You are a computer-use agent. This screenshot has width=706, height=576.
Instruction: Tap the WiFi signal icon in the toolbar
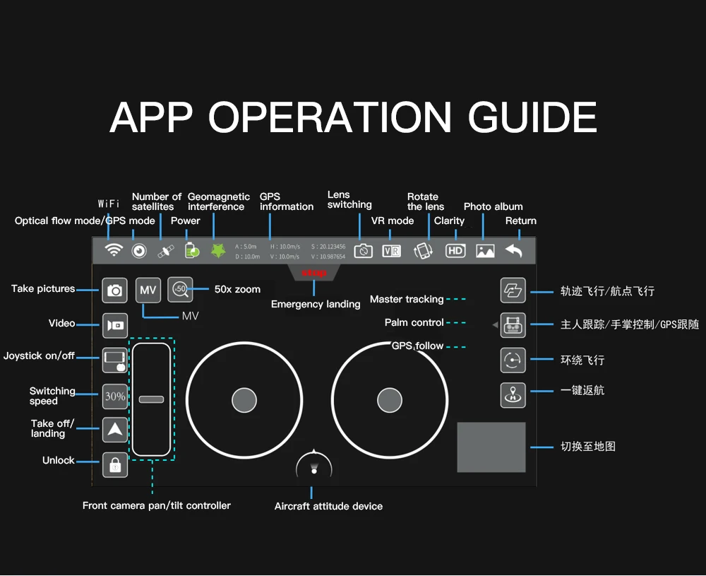114,250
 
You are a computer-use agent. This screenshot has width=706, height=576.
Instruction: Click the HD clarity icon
455,251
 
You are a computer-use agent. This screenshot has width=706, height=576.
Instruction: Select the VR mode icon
391,251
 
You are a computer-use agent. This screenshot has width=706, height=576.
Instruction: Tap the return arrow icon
514,250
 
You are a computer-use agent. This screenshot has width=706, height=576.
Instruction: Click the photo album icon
485,251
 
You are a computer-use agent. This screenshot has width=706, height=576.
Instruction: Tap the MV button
148,290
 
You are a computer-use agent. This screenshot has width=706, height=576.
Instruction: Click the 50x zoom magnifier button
180,289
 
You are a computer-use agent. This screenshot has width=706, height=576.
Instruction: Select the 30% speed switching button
115,396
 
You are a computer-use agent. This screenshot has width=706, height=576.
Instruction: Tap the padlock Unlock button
115,464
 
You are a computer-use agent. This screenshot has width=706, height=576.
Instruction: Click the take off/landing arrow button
115,430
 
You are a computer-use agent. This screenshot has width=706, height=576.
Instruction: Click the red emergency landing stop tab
313,273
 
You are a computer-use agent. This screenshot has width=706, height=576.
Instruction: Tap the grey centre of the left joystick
244,400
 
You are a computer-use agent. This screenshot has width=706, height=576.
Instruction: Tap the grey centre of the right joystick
389,400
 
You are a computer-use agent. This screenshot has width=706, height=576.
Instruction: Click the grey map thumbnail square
491,447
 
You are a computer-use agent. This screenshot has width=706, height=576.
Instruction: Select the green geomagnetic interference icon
218,251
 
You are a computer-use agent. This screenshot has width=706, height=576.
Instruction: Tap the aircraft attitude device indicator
313,467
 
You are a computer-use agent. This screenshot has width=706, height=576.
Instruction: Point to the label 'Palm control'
414,322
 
